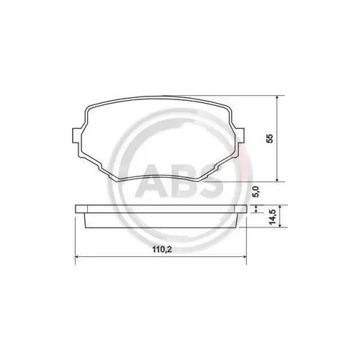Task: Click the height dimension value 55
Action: tap(270, 139)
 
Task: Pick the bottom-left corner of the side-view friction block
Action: tap(88, 227)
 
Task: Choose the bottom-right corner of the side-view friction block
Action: tap(235, 227)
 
